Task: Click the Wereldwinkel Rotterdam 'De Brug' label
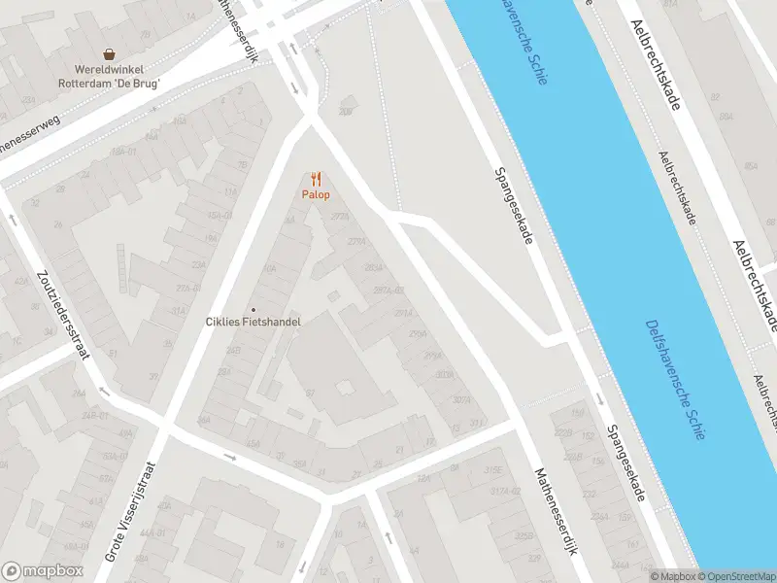pos(118,77)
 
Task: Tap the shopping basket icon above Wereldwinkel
pos(111,55)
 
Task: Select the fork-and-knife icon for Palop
pos(316,179)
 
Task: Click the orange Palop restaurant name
pos(316,195)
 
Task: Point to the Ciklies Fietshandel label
pos(253,322)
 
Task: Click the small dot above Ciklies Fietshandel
pos(253,309)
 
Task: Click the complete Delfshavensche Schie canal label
pos(673,380)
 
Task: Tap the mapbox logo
pos(43,570)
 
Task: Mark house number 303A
pos(445,375)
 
